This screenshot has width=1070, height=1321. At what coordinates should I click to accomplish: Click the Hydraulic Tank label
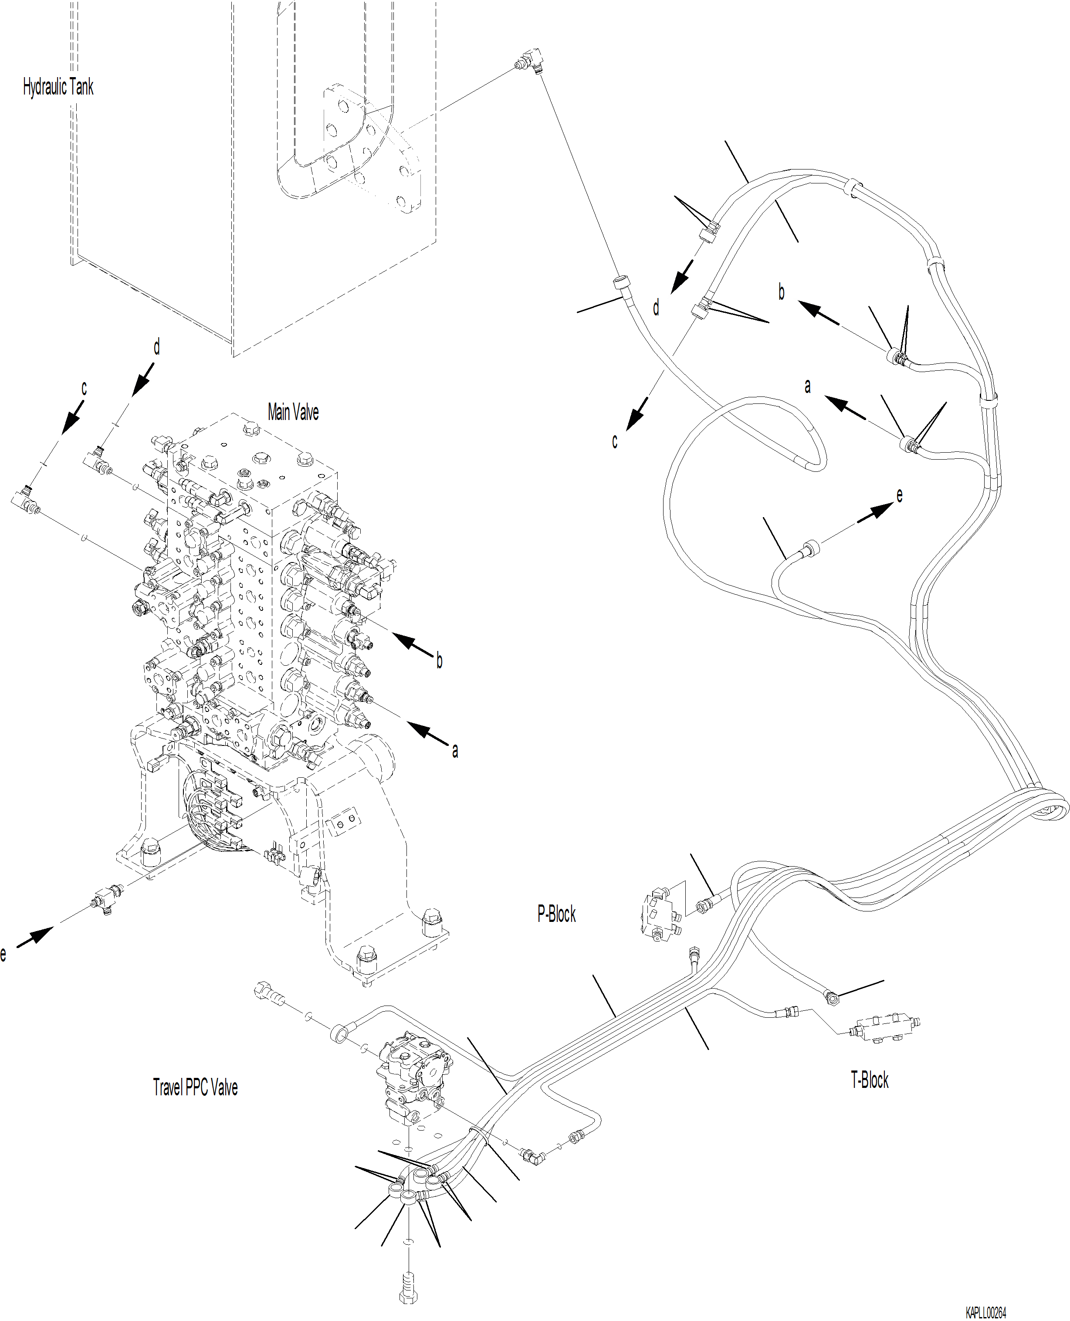tap(58, 87)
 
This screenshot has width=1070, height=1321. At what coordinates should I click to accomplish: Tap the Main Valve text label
tap(293, 412)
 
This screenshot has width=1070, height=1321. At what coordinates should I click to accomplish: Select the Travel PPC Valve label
tap(195, 1087)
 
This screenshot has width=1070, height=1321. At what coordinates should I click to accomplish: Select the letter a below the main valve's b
tap(455, 750)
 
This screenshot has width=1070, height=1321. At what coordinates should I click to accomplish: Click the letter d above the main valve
tap(156, 347)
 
